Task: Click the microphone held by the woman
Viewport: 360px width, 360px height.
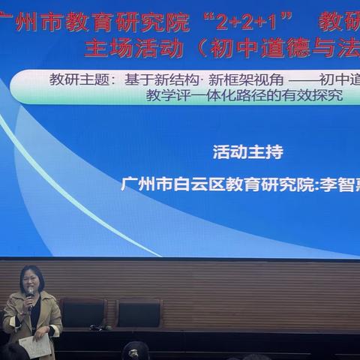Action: pos(30,294)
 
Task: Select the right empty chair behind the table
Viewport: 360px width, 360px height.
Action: pos(139,313)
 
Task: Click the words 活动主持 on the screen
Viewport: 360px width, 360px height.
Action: pos(248,153)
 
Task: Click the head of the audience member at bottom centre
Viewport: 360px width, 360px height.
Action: pos(136,350)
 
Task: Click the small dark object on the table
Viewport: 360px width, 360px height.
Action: pos(97,327)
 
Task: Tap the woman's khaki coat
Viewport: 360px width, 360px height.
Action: pos(49,315)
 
